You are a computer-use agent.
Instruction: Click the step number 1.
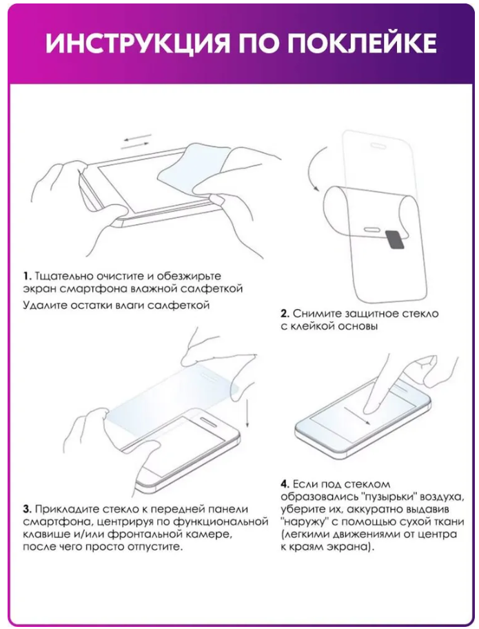pos(26,274)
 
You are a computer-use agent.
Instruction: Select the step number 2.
pos(284,313)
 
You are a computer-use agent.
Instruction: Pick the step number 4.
pos(284,483)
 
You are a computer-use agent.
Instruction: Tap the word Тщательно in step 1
pos(61,274)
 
